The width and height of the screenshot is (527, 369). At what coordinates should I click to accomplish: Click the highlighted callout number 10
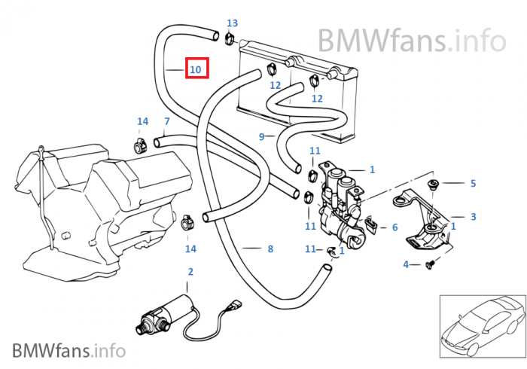pyautogui.click(x=196, y=69)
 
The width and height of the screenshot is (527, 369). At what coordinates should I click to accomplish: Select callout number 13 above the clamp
pyautogui.click(x=232, y=23)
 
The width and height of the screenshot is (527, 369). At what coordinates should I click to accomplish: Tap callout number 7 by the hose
pyautogui.click(x=167, y=121)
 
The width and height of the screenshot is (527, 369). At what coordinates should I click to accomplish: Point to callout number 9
pyautogui.click(x=261, y=136)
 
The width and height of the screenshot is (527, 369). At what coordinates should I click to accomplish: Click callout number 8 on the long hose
pyautogui.click(x=270, y=249)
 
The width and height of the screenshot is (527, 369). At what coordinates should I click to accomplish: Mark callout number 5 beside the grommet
pyautogui.click(x=473, y=183)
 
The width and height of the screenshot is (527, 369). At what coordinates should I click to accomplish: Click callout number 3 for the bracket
pyautogui.click(x=473, y=217)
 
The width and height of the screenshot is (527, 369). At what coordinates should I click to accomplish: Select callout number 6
pyautogui.click(x=394, y=227)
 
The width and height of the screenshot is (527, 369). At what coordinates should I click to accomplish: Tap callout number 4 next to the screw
pyautogui.click(x=406, y=264)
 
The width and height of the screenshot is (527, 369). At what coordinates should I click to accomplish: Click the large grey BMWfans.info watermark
pyautogui.click(x=411, y=39)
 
